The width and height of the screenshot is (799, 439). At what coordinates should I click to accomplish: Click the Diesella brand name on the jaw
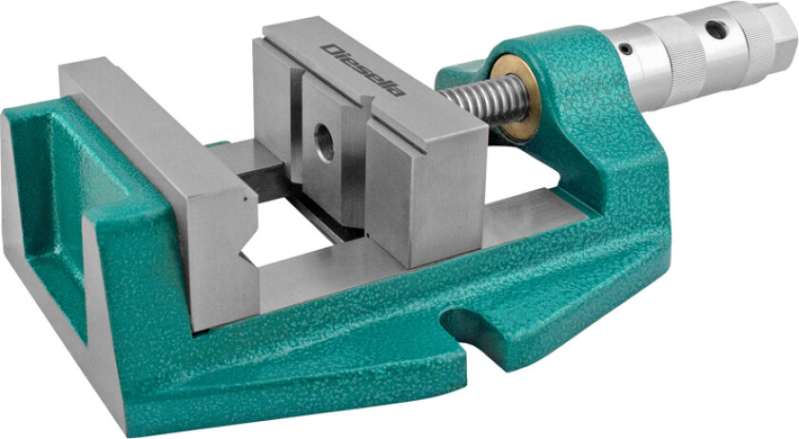tap(363, 70)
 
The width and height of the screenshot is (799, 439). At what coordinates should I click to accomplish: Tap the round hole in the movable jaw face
tap(324, 142)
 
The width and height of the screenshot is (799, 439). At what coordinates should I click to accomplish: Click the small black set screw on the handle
tap(626, 48)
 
